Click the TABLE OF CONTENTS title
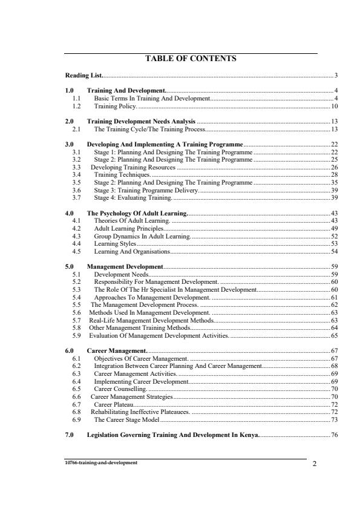pos(191,59)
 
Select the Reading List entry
pos(83,76)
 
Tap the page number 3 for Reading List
pos(336,76)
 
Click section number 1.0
pos(70,90)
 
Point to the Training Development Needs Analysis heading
pos(141,122)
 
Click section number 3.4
pos(77,174)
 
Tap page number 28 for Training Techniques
pos(334,174)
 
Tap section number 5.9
pos(77,335)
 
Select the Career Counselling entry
pos(120,389)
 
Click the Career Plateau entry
pos(114,404)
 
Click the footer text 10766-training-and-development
pos(102,462)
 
